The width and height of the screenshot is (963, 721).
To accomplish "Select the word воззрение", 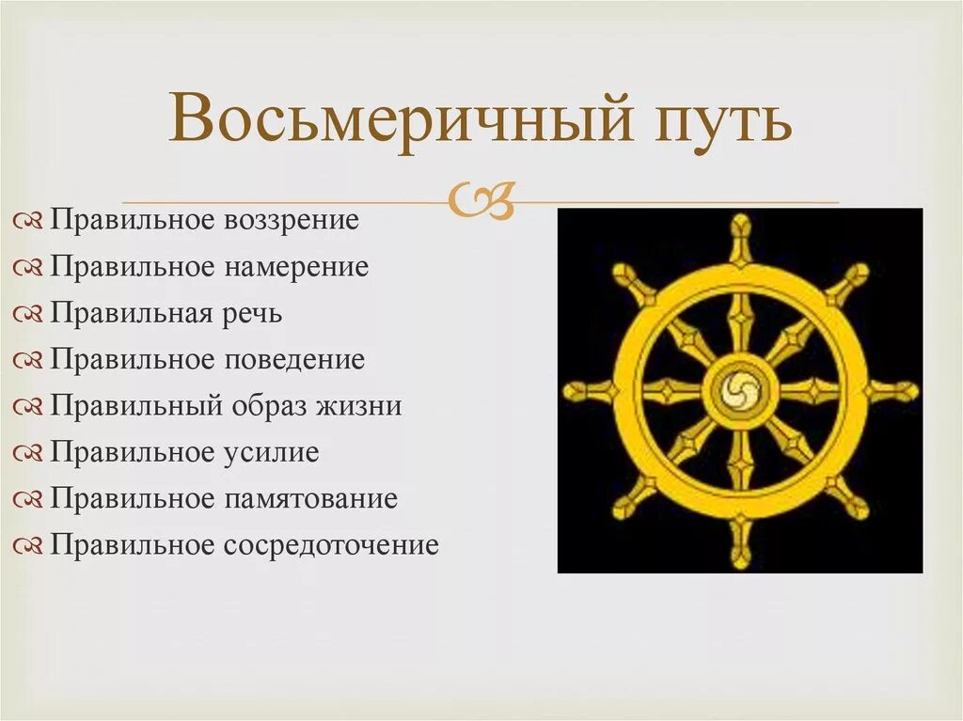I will pyautogui.click(x=292, y=221).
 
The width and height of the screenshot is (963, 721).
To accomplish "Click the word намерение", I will pyautogui.click(x=296, y=267).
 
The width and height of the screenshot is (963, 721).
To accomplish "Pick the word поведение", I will pyautogui.click(x=293, y=359).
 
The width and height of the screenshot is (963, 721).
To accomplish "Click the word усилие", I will pyautogui.click(x=272, y=452).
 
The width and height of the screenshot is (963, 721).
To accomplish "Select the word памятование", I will pyautogui.click(x=310, y=498).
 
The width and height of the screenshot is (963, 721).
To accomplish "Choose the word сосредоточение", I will pyautogui.click(x=331, y=544).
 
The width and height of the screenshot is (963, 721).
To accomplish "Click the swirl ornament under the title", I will pyautogui.click(x=482, y=200).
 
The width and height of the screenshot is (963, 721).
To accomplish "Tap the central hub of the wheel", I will pyautogui.click(x=740, y=390).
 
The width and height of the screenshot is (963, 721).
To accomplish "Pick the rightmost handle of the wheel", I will pyautogui.click(x=899, y=390).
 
